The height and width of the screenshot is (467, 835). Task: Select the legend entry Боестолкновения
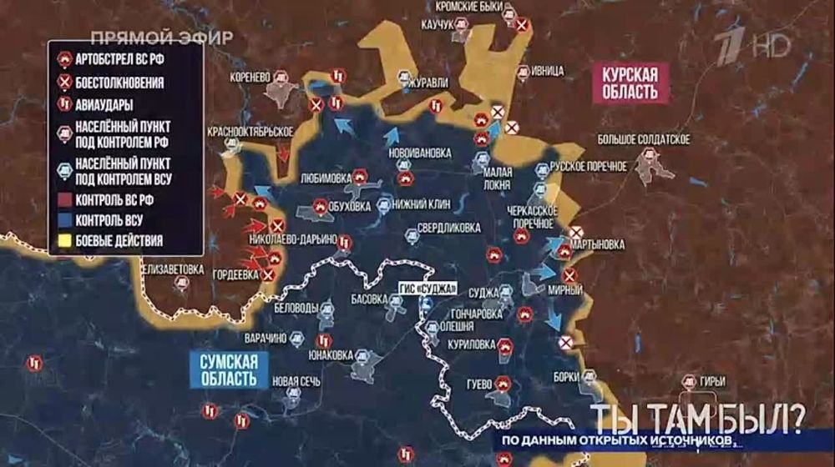pos(119,83)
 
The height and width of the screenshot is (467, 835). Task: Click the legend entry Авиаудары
pos(104,105)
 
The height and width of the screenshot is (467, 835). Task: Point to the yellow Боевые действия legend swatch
pos(62,243)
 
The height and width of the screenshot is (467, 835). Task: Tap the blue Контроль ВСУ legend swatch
pos(62,221)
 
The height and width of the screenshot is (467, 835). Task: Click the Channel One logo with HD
pos(756,48)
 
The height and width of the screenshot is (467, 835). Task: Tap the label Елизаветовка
pos(173,269)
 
